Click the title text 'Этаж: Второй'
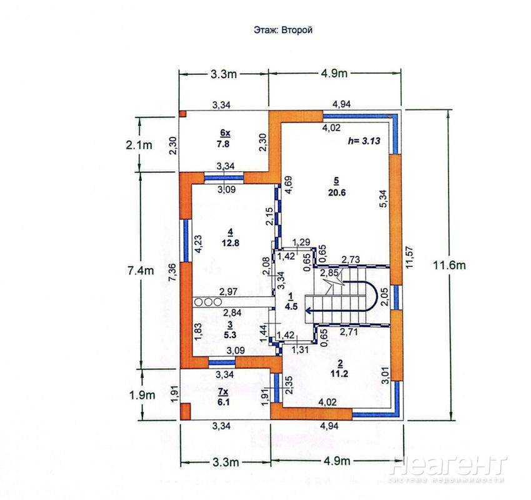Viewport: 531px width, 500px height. pos(283,30)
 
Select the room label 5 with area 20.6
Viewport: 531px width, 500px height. pos(337,187)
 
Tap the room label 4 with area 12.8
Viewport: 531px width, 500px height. pos(231,237)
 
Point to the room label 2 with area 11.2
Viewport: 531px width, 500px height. pos(339,369)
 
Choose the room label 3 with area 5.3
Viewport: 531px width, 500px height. pos(230,330)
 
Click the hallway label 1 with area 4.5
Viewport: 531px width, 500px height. pos(291,302)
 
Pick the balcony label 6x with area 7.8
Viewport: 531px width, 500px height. pos(223,138)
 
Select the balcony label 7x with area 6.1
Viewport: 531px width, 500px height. pos(223,397)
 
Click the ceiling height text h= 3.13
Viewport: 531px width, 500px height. pos(364,141)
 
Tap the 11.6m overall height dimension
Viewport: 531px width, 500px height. pos(449,265)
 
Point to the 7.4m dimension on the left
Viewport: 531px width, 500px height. pos(141,271)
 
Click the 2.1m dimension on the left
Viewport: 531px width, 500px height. pos(139,145)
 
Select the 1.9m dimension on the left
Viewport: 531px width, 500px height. pos(142,394)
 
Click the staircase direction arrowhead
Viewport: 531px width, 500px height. pos(307,310)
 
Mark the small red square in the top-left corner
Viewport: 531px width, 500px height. pos(182,114)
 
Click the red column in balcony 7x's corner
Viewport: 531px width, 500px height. pos(185,411)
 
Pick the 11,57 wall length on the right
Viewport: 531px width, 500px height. pos(409,257)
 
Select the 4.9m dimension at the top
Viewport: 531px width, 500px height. pos(335,74)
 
